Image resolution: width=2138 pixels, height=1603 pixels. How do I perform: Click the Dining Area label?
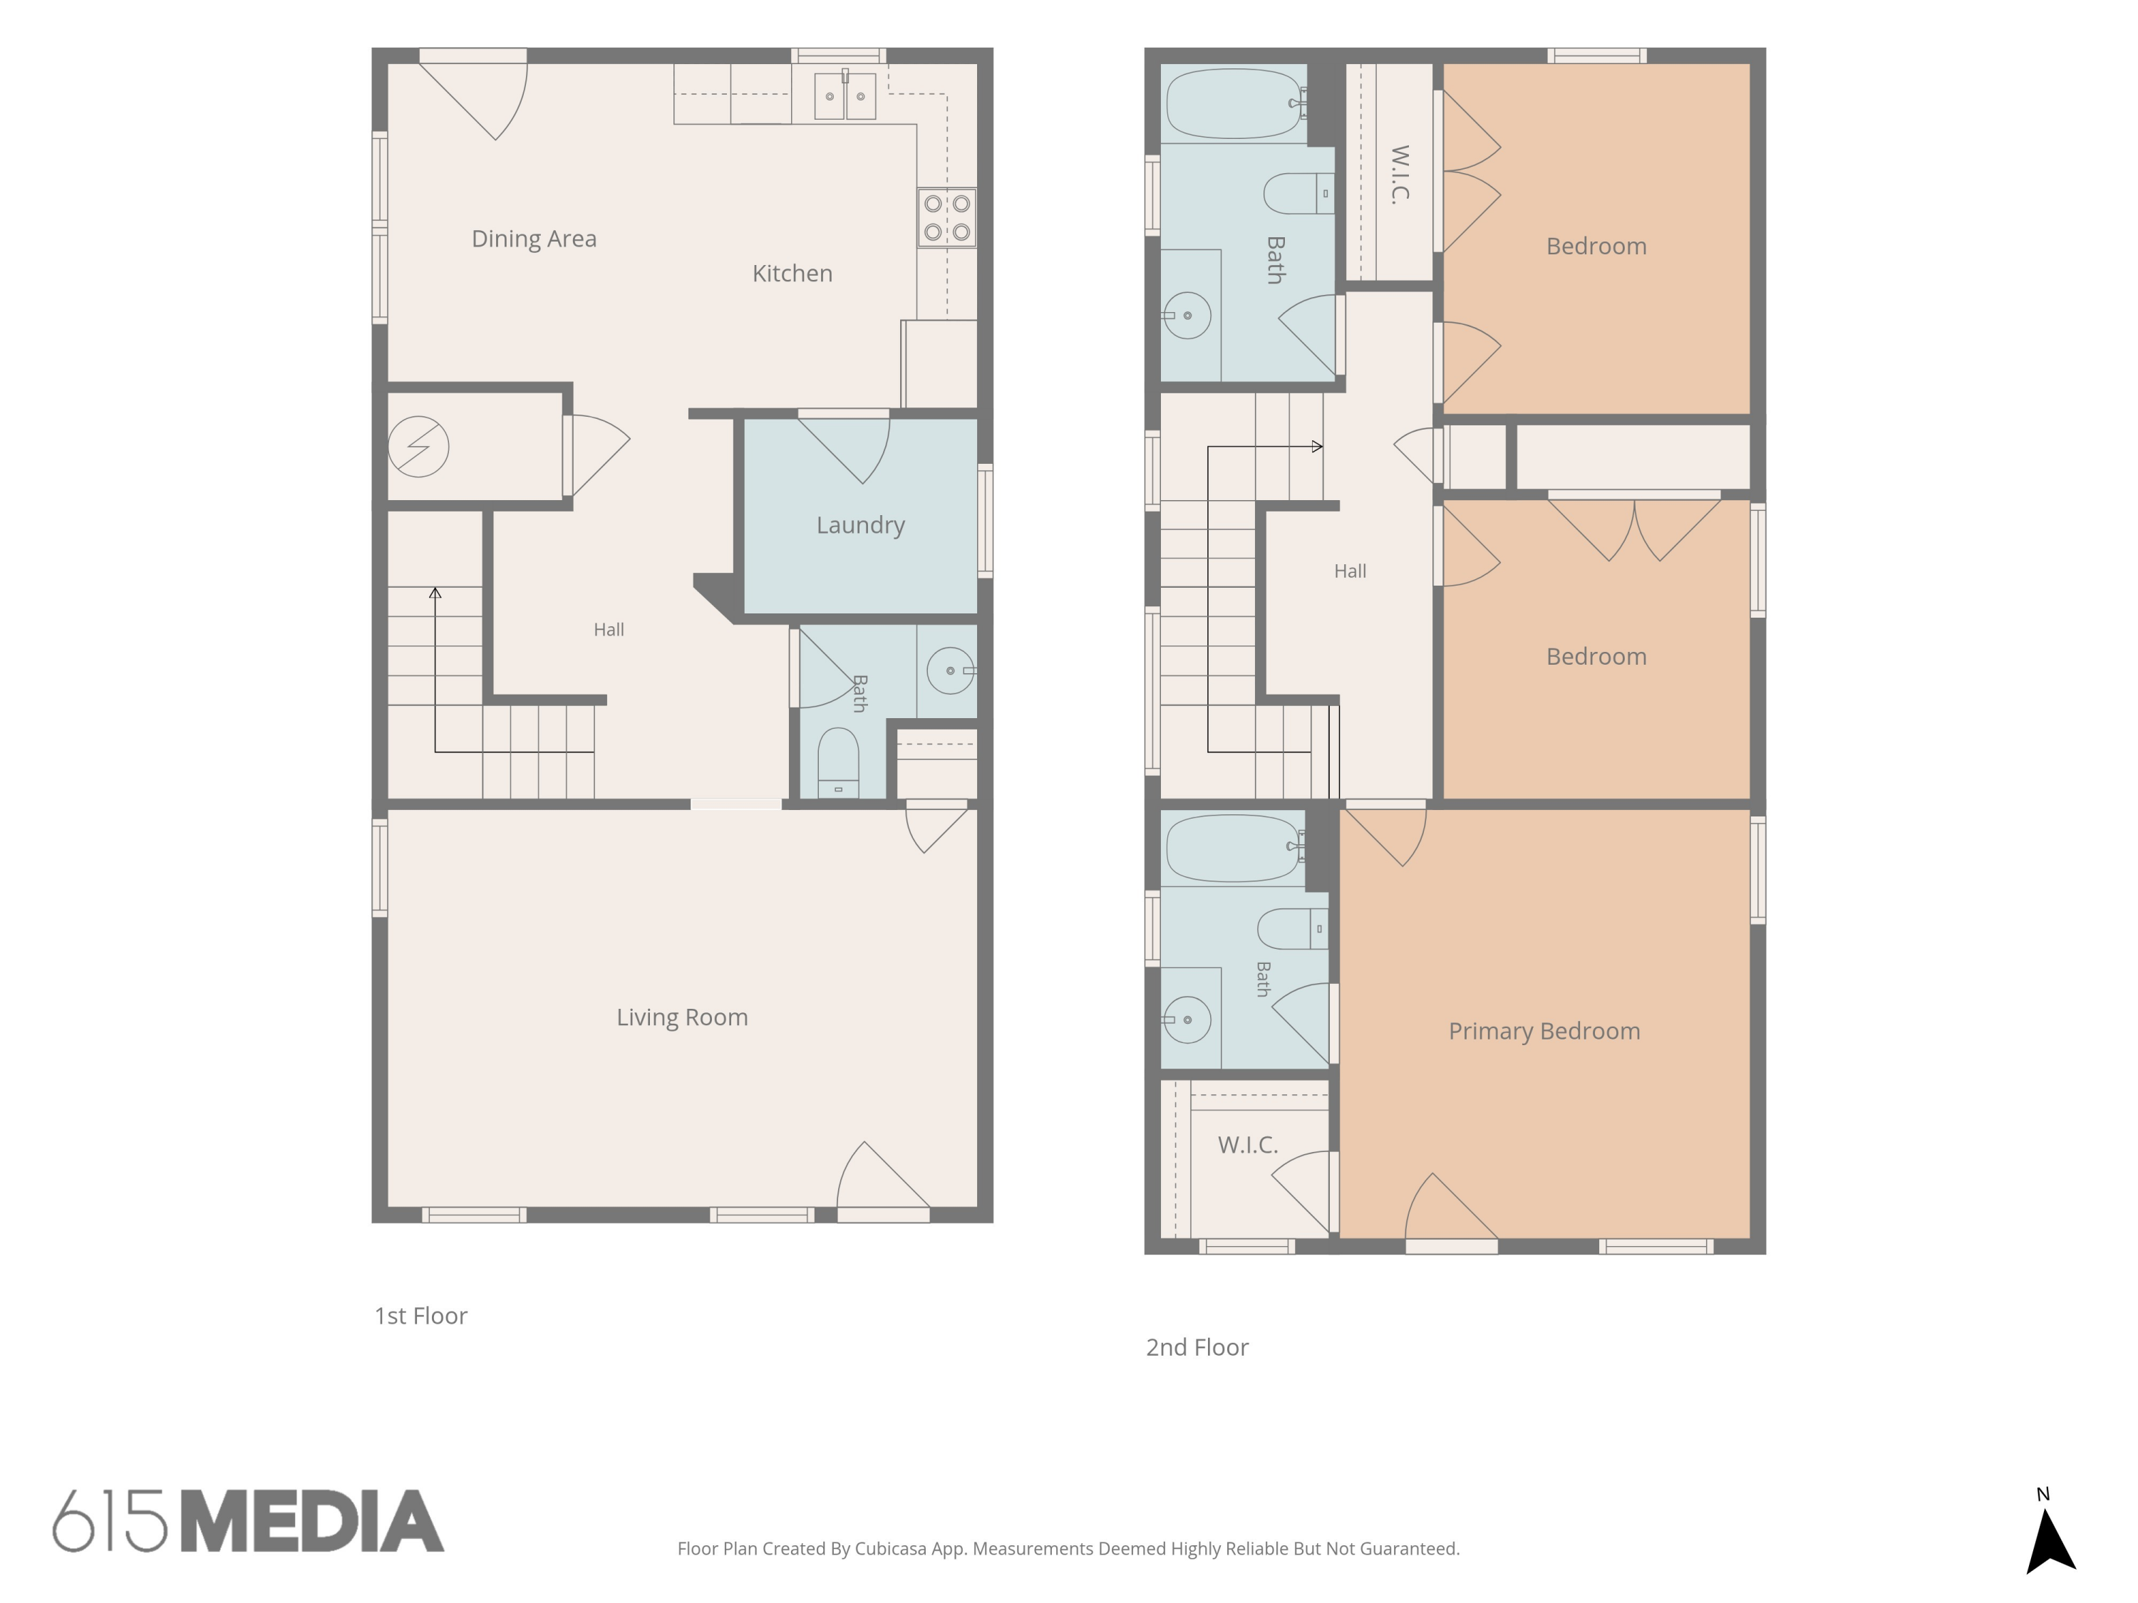tap(534, 239)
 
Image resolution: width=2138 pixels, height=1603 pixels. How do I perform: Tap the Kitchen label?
tap(792, 274)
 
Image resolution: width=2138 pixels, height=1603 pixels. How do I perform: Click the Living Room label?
tap(683, 1017)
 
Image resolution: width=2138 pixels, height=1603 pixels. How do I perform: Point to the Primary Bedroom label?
tap(1544, 1031)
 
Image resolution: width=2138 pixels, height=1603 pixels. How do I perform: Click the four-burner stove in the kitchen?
tap(946, 217)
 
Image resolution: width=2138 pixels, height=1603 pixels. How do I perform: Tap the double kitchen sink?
tap(845, 95)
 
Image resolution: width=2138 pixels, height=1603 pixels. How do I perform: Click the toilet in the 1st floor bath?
tap(838, 762)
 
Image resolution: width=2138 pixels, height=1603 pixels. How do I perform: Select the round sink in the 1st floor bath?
tap(950, 670)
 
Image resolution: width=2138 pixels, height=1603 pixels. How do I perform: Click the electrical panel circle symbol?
tap(418, 447)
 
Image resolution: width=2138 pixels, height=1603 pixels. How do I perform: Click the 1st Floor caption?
tap(420, 1316)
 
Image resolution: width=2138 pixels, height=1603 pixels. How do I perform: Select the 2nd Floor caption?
tap(1197, 1348)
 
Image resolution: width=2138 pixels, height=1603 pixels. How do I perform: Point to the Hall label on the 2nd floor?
tap(1351, 571)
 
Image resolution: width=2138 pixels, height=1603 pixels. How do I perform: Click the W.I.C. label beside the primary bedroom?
tap(1248, 1145)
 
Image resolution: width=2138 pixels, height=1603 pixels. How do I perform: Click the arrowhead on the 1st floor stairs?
tap(435, 592)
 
